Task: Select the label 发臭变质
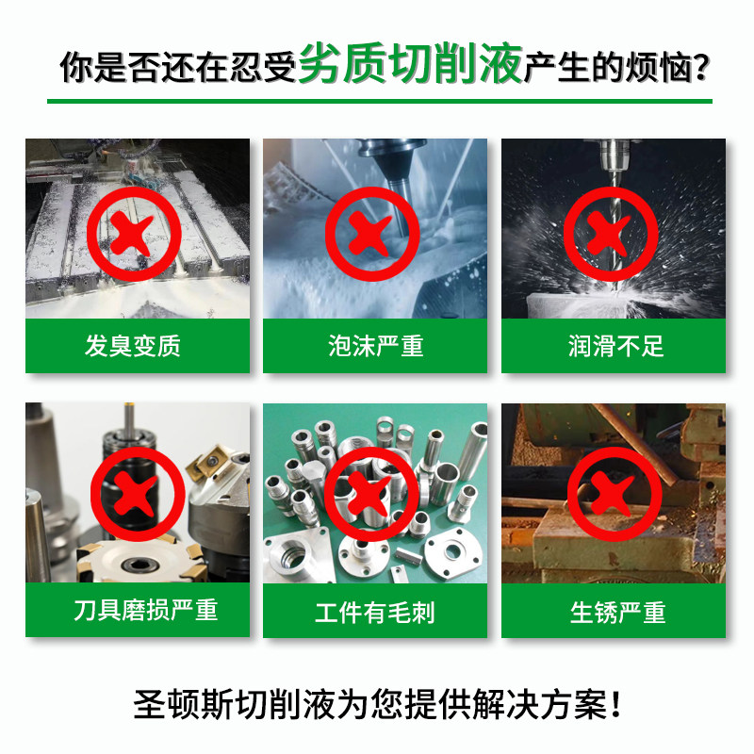pos(133,346)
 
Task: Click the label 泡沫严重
pos(375,346)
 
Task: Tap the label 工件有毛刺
pos(375,614)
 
